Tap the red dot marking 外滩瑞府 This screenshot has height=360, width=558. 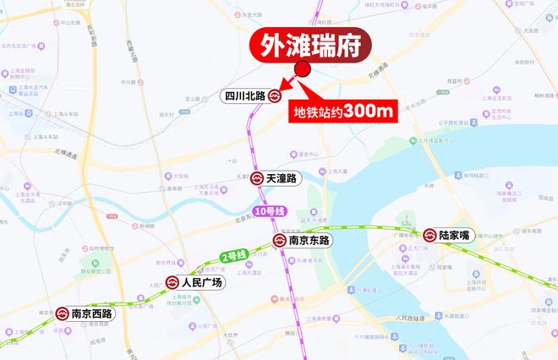(x=303, y=70)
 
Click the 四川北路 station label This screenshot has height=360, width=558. (x=243, y=96)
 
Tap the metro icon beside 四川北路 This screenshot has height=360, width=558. (x=275, y=96)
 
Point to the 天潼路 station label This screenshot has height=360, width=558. (x=281, y=178)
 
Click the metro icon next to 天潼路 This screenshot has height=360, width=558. (x=255, y=178)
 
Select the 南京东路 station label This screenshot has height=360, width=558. (x=309, y=240)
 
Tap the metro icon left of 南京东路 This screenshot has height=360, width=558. (x=279, y=240)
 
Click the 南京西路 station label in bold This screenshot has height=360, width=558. (x=92, y=314)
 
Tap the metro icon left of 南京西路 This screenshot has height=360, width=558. (x=63, y=314)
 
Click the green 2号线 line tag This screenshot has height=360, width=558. (x=233, y=255)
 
